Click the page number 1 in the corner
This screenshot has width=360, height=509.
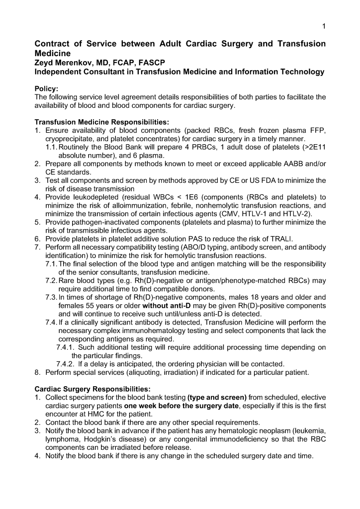click(324, 26)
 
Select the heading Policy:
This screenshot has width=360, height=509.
click(46, 88)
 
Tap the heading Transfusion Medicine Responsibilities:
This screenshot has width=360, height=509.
click(101, 122)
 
